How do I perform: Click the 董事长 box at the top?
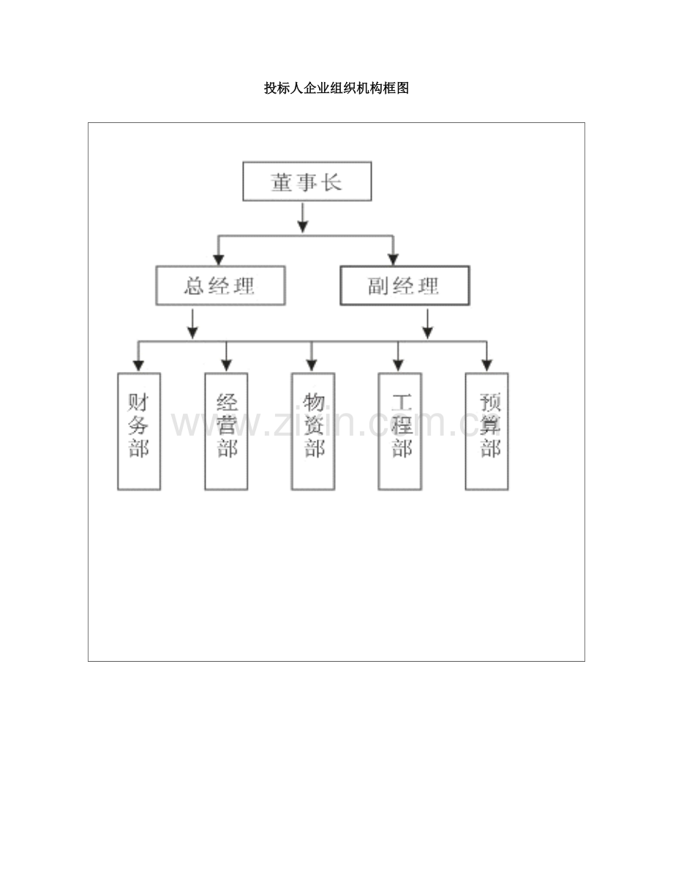(x=307, y=182)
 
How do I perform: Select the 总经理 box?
(x=220, y=286)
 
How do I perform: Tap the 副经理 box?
(x=405, y=286)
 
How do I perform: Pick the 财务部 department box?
(x=139, y=431)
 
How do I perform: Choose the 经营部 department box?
(x=226, y=431)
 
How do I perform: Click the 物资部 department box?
(x=313, y=431)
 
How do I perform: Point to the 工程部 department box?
(x=399, y=431)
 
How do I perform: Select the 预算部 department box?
(x=487, y=431)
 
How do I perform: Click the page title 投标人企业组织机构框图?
(x=336, y=89)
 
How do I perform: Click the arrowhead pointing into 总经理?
(x=218, y=258)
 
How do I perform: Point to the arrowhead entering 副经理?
(x=393, y=258)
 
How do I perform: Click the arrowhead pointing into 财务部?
(x=138, y=365)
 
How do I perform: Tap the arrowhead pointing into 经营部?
(x=226, y=365)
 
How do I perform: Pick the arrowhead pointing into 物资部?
(x=312, y=365)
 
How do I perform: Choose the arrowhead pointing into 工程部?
(x=399, y=365)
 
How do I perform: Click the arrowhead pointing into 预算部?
(x=486, y=365)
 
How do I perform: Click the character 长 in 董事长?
(x=333, y=182)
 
